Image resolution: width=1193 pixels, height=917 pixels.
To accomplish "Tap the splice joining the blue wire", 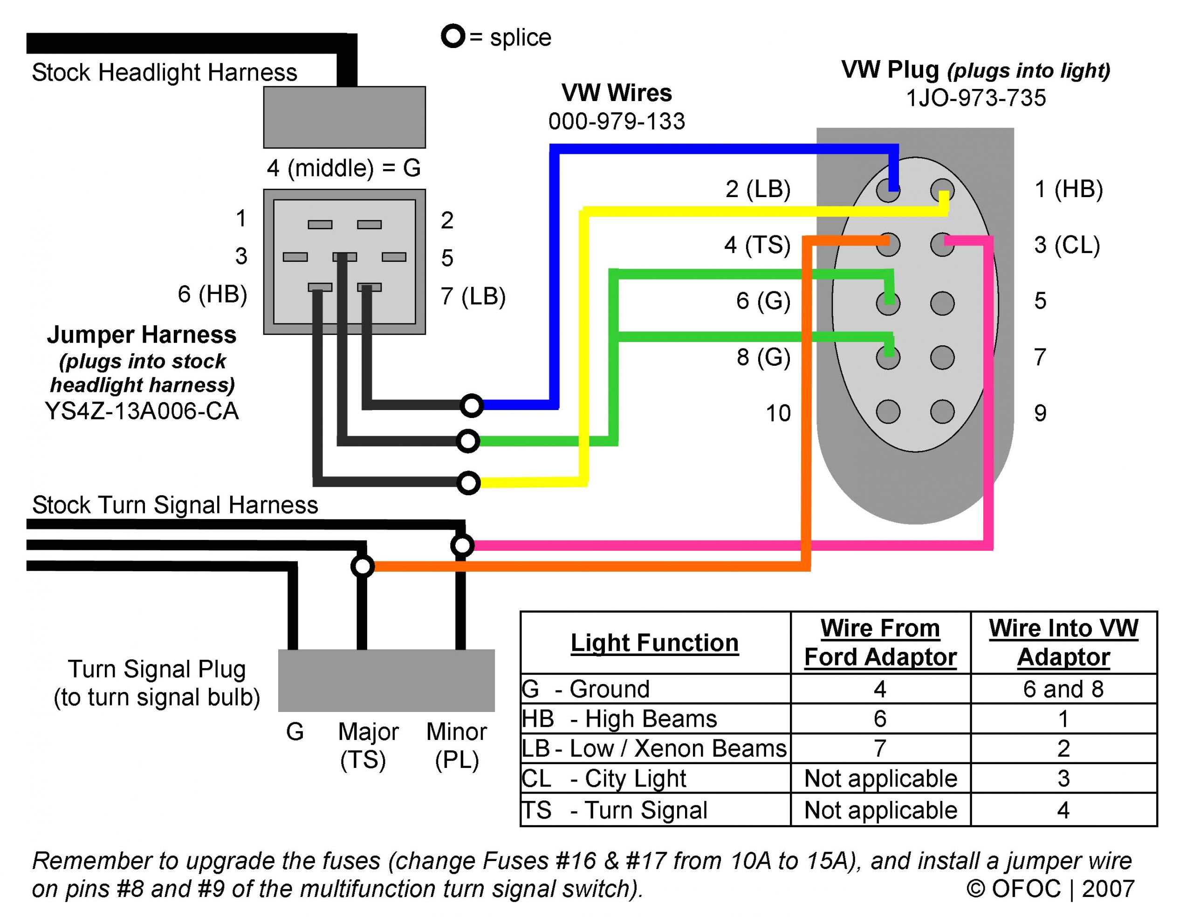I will point(471,405).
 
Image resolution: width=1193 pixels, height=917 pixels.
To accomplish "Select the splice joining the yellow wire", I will point(468,483).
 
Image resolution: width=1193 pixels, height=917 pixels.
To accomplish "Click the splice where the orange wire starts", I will point(363,566).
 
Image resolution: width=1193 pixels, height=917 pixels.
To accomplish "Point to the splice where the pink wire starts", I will point(462,545).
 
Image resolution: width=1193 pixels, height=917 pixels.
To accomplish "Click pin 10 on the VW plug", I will point(887,411).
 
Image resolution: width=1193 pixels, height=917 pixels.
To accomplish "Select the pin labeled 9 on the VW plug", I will point(942,411).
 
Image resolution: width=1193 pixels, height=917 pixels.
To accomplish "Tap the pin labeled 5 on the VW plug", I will point(942,303).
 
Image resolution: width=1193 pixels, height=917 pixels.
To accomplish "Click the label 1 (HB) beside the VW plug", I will point(1068,189).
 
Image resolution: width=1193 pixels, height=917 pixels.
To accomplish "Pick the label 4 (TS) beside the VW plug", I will point(757,245).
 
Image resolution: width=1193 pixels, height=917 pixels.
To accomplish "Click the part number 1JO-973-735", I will point(975,98).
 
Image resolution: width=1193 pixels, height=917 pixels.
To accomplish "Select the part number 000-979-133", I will point(616,121).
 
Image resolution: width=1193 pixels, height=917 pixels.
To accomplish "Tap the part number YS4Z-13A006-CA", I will point(141,411).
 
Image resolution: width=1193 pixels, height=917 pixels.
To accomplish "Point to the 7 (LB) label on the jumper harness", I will point(473,296).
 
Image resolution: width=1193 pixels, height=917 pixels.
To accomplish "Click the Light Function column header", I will point(654,643).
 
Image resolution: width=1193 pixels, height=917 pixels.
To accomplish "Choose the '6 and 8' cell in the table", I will point(1063,689).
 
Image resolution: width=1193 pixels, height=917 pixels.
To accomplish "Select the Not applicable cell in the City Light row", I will point(880,778).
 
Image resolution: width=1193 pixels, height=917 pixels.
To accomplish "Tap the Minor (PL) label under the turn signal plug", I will point(456,745).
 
